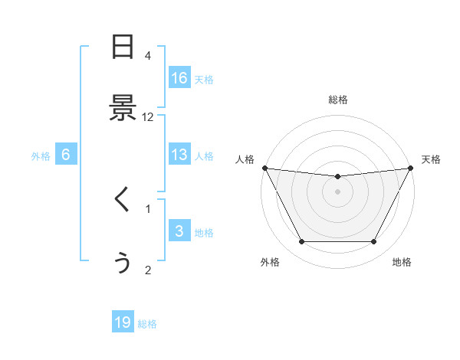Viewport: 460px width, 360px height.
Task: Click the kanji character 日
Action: coord(123,48)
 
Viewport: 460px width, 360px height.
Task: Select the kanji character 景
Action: coord(123,108)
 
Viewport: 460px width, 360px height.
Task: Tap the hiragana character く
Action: coord(123,200)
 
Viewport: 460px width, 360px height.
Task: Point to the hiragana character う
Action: coord(123,262)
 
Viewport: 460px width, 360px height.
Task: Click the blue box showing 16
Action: coord(179,78)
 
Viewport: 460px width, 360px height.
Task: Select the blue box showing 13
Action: coord(179,155)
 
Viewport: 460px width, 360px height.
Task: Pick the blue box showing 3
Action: coord(179,231)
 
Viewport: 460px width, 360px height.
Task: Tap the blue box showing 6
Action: coord(65,155)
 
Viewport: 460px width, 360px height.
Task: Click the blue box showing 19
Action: coord(123,322)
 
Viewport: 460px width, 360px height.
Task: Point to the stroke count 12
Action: coord(148,117)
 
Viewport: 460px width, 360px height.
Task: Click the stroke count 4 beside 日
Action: coord(148,56)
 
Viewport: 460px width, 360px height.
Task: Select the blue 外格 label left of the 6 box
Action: coord(41,155)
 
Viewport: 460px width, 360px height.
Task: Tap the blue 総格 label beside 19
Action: coord(147,324)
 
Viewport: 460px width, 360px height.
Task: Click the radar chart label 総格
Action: coord(337,100)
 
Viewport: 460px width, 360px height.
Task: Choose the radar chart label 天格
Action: coord(431,159)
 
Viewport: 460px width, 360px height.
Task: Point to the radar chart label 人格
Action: coord(245,159)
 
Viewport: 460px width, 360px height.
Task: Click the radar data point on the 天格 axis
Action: coord(410,168)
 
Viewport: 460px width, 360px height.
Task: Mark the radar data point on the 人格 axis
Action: coord(264,168)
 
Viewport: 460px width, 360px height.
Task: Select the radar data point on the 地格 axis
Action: coord(373,242)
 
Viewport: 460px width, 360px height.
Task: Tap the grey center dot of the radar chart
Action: coord(337,191)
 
